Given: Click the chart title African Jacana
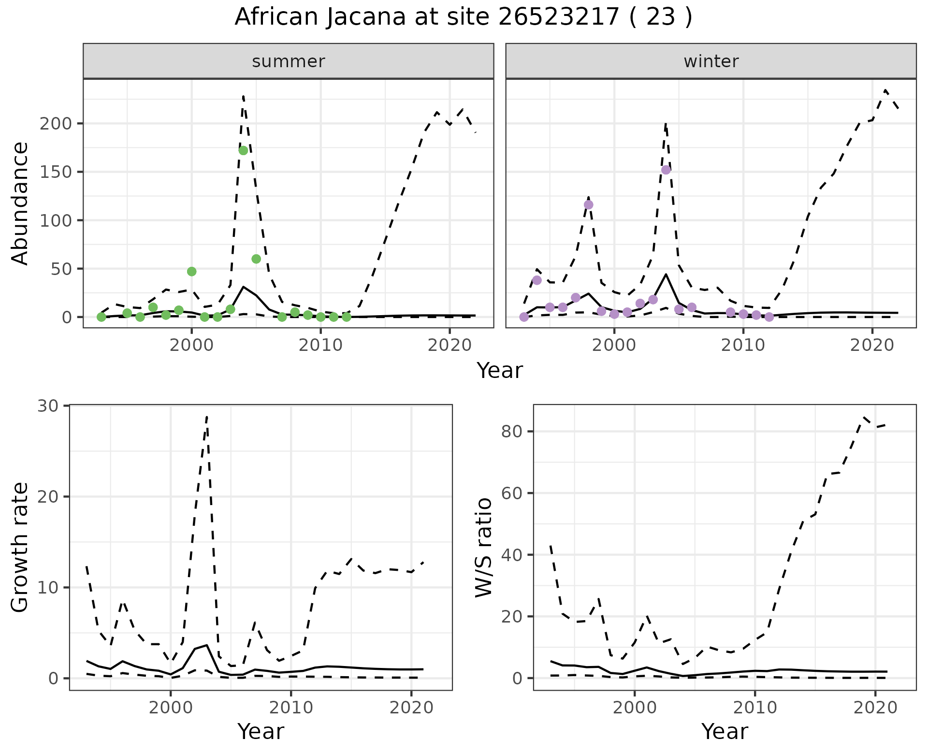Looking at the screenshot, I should pyautogui.click(x=463, y=17).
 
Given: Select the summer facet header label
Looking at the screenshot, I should pyautogui.click(x=289, y=61).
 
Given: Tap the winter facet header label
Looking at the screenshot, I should pyautogui.click(x=711, y=61).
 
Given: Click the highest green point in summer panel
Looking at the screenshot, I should pyautogui.click(x=243, y=150).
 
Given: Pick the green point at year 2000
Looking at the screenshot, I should pyautogui.click(x=191, y=272).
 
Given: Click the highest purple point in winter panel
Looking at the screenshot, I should pyautogui.click(x=666, y=170).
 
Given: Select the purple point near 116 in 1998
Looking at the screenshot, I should pyautogui.click(x=588, y=204).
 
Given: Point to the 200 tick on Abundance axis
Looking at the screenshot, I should pyautogui.click(x=56, y=124).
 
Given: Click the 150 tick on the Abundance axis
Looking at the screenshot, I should pyautogui.click(x=56, y=172).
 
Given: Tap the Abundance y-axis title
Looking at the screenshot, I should pyautogui.click(x=20, y=203).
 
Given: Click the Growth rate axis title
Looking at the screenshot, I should pyautogui.click(x=20, y=547).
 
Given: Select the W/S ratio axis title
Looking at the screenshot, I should pyautogui.click(x=484, y=547).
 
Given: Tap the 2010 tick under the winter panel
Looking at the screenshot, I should pyautogui.click(x=743, y=346).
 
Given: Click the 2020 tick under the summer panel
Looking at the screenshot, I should pyautogui.click(x=449, y=346).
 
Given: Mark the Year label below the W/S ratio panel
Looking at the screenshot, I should pyautogui.click(x=725, y=731).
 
